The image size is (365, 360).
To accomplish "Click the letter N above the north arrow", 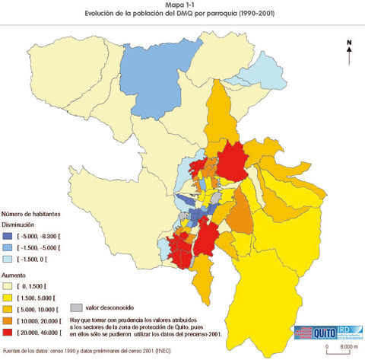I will (x=348, y=43).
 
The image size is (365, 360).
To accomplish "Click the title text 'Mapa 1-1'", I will (x=182, y=5).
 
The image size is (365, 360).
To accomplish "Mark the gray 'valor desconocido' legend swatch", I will (x=75, y=308).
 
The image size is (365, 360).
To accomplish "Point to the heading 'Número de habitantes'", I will (x=31, y=215).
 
